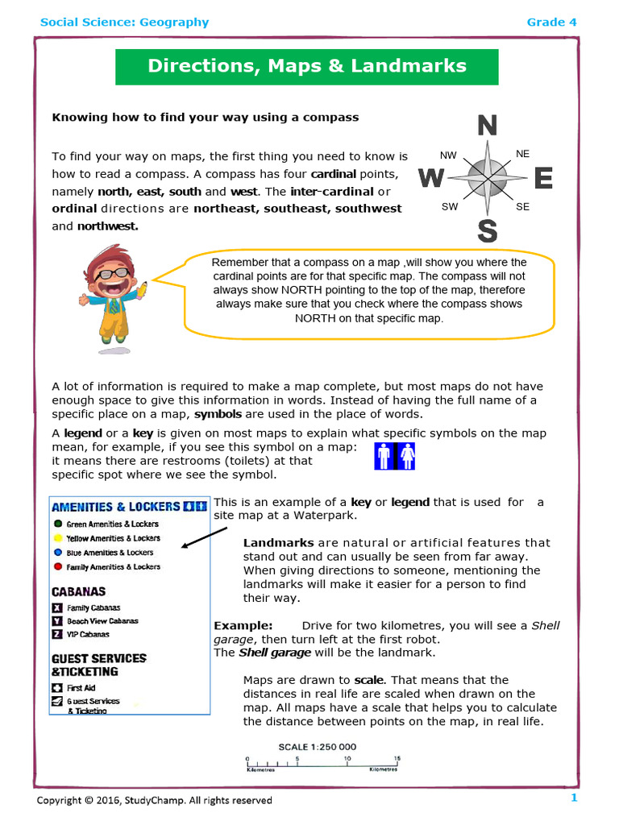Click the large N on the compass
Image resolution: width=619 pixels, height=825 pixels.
click(487, 126)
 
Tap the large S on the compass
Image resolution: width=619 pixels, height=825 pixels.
click(487, 231)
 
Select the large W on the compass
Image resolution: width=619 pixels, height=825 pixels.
click(431, 178)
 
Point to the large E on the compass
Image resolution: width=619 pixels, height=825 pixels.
click(543, 178)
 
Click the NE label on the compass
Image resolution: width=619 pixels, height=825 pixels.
click(522, 153)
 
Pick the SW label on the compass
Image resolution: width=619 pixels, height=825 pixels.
click(449, 207)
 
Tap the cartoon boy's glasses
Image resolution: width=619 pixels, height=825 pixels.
click(114, 273)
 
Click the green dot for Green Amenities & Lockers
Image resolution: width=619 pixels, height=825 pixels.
click(58, 524)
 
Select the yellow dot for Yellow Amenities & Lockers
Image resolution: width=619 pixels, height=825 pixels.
click(58, 538)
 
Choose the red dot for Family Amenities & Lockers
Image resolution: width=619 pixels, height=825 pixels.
click(58, 567)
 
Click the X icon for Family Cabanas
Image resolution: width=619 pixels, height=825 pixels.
click(57, 608)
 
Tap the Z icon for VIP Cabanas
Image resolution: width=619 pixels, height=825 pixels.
click(57, 635)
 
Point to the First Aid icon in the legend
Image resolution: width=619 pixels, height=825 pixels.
click(57, 688)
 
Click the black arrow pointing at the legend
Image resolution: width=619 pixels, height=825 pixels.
click(204, 537)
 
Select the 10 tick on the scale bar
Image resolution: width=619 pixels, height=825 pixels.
click(347, 759)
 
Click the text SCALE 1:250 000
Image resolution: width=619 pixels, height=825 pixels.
click(318, 747)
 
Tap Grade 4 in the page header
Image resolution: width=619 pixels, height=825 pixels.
click(551, 22)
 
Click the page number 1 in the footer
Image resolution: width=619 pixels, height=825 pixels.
click(574, 798)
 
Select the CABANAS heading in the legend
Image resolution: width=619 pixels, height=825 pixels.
click(79, 591)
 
